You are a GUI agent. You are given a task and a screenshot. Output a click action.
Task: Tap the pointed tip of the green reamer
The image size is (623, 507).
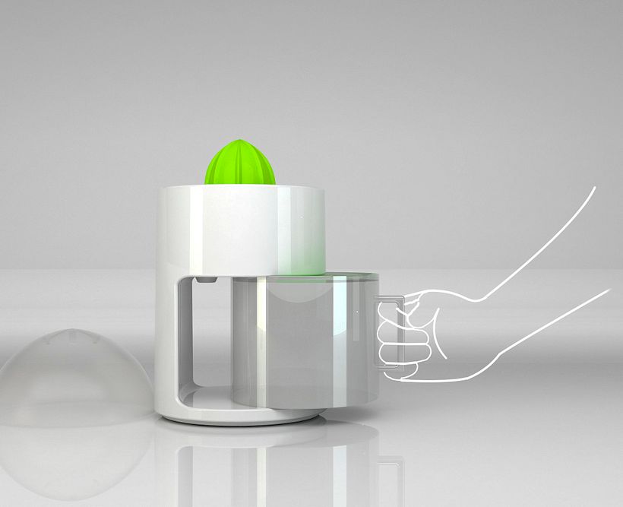click(x=241, y=137)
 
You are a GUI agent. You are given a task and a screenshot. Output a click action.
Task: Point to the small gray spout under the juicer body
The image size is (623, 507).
click(x=204, y=280)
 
